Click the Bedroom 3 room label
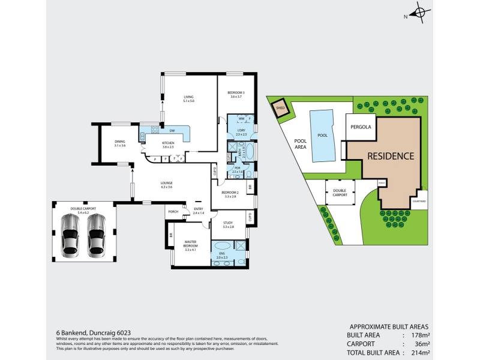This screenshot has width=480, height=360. click(x=236, y=94)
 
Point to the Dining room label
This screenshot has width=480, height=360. click(x=119, y=143)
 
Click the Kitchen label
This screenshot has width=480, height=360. click(x=167, y=144)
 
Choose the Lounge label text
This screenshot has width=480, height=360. click(x=167, y=185)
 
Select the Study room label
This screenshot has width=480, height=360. click(x=227, y=225)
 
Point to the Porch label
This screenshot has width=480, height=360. click(x=173, y=211)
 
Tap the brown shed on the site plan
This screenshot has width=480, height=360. click(x=280, y=109)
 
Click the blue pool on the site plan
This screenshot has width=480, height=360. click(x=322, y=136)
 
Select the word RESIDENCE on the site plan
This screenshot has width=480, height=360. click(x=391, y=156)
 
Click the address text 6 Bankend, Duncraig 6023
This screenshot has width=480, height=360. click(x=94, y=332)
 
